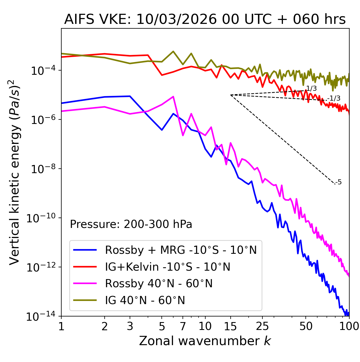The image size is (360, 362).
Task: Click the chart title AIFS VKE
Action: pos(205,19)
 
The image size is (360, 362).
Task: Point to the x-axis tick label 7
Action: pos(183,326)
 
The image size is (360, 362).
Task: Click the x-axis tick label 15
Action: pos(230,326)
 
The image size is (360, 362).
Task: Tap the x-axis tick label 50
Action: pos(306,326)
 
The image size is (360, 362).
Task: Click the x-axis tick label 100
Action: pos(349,326)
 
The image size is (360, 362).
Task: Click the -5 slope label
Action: pos(339,182)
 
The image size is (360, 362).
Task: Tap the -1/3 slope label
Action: pos(334,98)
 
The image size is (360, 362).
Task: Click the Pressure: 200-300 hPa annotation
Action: pos(131,224)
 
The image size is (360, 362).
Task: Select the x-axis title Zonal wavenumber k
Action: pos(205,341)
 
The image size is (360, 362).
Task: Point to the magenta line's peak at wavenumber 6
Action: pos(173,97)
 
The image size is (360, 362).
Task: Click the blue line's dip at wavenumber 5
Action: pos(162,130)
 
